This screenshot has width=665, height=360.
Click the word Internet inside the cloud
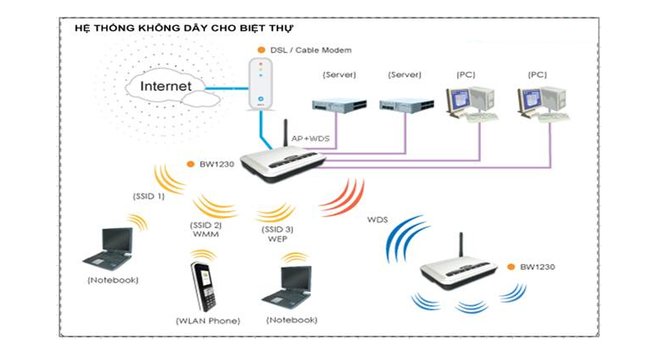[166, 86]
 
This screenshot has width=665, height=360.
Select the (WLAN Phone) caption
[208, 321]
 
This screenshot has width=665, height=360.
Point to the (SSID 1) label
[148, 196]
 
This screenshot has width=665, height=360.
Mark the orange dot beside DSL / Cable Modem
[261, 50]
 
